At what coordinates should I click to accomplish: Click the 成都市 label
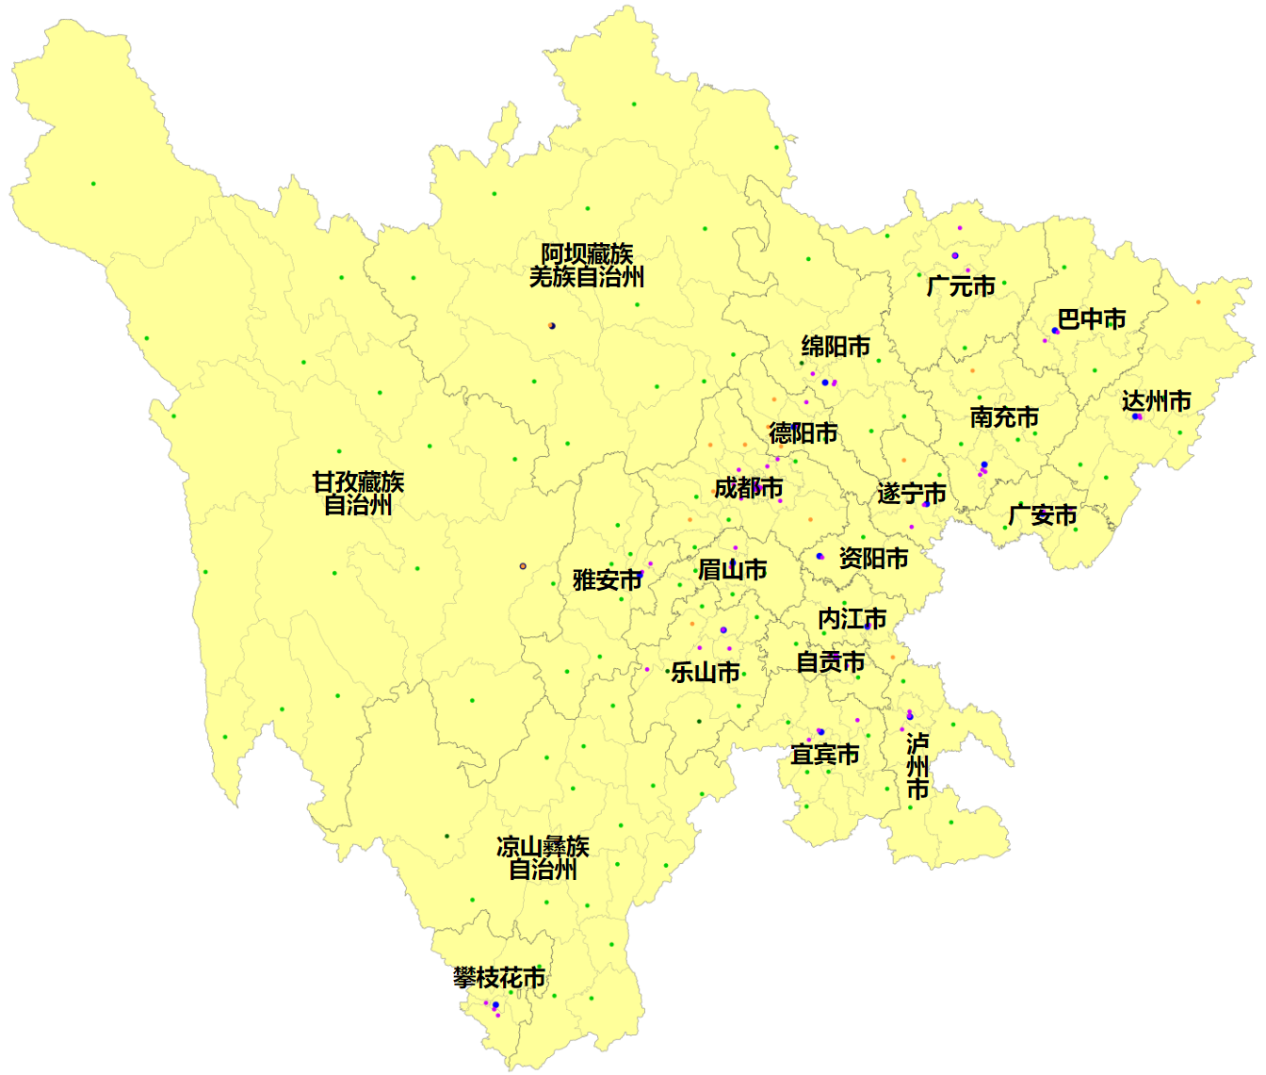(x=748, y=488)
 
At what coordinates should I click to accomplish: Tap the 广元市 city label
(x=961, y=285)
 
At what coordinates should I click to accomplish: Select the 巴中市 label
(x=1091, y=319)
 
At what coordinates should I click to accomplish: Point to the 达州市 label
(x=1156, y=401)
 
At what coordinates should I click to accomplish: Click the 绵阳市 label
(x=836, y=347)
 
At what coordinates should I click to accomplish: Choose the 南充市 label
(x=1004, y=416)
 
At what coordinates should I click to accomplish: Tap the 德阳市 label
(x=803, y=433)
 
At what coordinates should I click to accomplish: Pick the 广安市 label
(x=1042, y=515)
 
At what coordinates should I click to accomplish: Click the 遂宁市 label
(x=911, y=494)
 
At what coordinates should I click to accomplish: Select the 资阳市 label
(x=873, y=559)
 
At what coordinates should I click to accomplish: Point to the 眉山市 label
(x=732, y=570)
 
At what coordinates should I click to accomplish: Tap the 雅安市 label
(x=607, y=580)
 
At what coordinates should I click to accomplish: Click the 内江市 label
(x=852, y=619)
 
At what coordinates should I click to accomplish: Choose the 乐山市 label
(x=705, y=673)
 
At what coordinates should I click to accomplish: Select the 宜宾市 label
(x=824, y=755)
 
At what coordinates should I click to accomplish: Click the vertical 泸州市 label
(x=917, y=767)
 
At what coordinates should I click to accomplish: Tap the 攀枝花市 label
(x=498, y=978)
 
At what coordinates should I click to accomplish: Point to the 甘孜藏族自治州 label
(x=358, y=494)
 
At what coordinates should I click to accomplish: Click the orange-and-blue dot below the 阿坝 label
(x=552, y=326)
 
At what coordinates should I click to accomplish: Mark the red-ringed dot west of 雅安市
(x=523, y=566)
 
